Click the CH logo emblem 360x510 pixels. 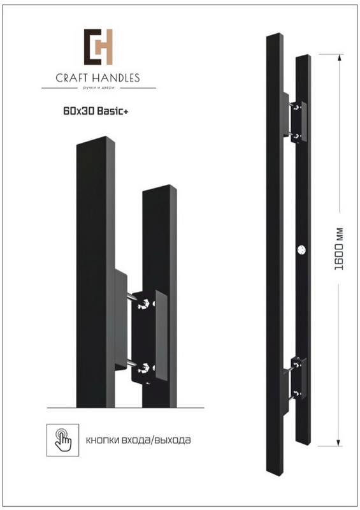coord(98,47)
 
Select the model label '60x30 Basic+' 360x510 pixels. coord(96,111)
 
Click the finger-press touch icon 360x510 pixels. coord(63,440)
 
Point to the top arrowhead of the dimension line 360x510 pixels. coord(340,58)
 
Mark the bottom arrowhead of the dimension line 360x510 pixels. coord(340,442)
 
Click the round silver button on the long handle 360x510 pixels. coord(302,250)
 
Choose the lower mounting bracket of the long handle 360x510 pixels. coord(295,381)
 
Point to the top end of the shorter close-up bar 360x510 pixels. coord(160,188)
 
